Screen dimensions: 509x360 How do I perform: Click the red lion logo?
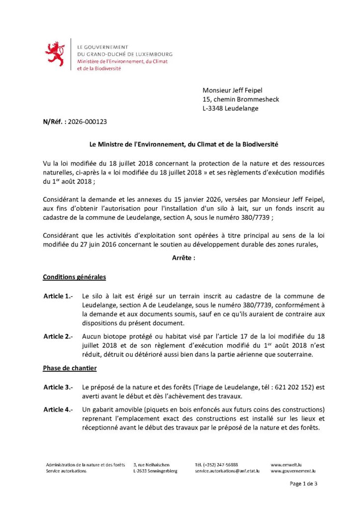[x=55, y=54]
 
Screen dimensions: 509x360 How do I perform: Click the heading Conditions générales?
[x=74, y=277]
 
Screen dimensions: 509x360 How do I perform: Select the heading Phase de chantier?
[x=70, y=368]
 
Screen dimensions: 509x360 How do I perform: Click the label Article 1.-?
[x=58, y=296]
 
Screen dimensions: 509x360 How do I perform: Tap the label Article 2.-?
[x=58, y=337]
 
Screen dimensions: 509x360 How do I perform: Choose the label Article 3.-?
[x=58, y=387]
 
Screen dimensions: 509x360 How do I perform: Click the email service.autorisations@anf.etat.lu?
[x=227, y=471]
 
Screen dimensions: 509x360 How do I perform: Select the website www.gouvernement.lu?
[x=293, y=471]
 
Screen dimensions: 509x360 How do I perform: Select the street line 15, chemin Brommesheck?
[x=241, y=99]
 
